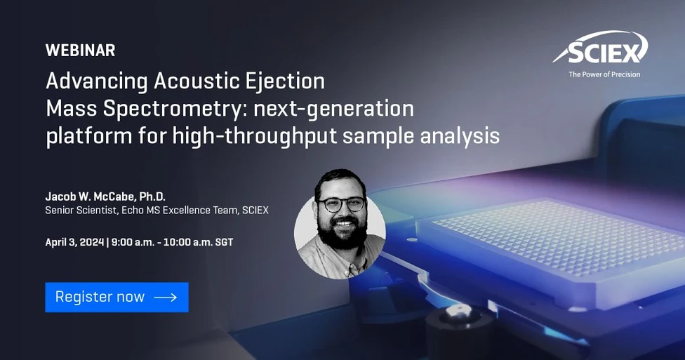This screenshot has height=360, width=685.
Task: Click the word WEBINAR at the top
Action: point(80,51)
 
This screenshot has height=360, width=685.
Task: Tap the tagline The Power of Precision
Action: point(604,74)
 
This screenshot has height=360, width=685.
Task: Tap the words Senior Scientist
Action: point(77,211)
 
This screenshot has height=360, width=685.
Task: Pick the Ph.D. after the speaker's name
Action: point(149,196)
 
